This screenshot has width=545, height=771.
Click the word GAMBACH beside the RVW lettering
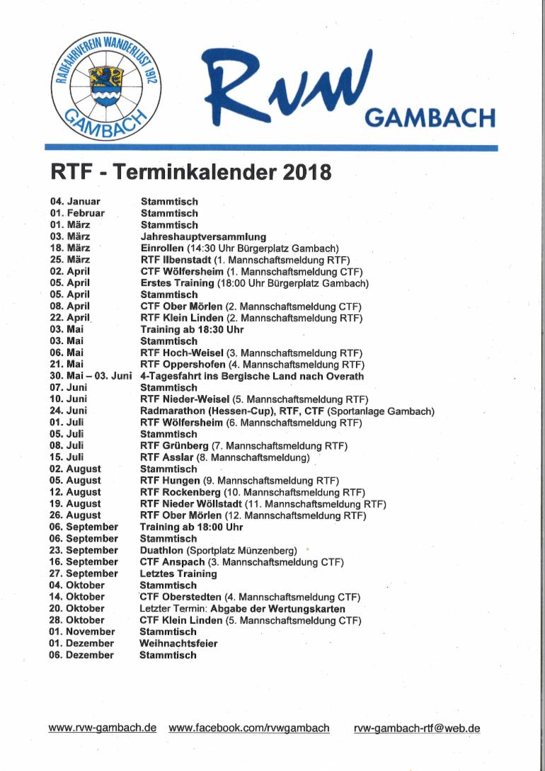tap(430, 117)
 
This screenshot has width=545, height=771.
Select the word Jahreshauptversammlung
tap(203, 236)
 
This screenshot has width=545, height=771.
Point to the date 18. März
tap(70, 248)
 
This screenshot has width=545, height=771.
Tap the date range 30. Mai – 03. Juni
tap(91, 376)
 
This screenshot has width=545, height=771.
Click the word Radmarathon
tap(175, 411)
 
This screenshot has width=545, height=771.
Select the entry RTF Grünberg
tap(174, 445)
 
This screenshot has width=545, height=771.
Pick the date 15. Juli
tap(67, 457)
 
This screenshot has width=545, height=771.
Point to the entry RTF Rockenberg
tap(180, 492)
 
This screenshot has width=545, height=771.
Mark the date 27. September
tap(84, 573)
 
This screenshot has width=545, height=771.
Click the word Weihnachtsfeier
tap(178, 644)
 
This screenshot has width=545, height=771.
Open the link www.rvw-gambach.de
tap(102, 728)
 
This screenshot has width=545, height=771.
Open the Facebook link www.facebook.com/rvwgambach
tap(249, 728)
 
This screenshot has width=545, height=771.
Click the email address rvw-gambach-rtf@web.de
tap(417, 728)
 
